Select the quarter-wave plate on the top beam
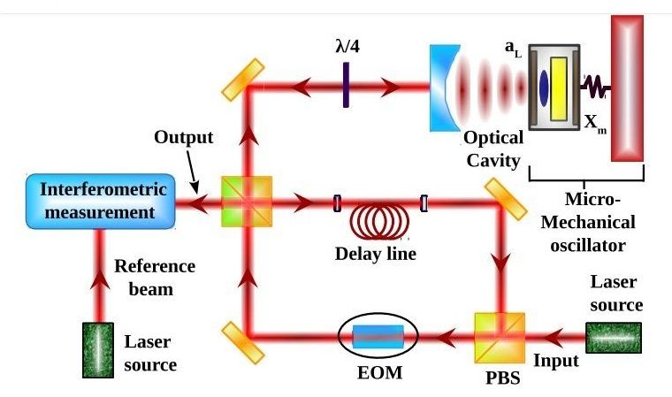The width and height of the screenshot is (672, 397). pos(343,86)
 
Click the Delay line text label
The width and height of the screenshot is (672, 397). pos(376,254)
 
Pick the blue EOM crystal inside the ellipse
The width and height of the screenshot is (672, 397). pos(378,336)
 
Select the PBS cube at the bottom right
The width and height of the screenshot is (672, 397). pos(500,336)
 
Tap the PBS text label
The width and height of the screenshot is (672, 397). pos(500,381)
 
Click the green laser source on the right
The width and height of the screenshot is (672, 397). pos(614,337)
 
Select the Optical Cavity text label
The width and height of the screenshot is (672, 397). pos(493,148)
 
